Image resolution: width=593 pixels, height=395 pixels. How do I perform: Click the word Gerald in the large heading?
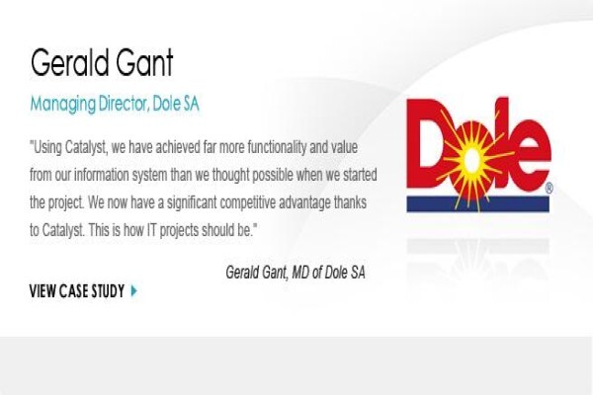click(x=69, y=62)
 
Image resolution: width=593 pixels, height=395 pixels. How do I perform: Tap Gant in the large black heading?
click(x=144, y=62)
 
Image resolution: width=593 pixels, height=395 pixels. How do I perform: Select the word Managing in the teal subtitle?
click(x=63, y=105)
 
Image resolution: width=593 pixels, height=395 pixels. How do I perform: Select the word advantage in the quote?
click(x=304, y=203)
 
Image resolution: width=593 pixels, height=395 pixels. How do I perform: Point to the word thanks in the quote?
click(x=350, y=202)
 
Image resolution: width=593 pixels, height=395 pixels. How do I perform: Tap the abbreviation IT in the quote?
click(x=151, y=230)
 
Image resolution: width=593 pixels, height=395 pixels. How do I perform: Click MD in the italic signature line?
click(x=300, y=273)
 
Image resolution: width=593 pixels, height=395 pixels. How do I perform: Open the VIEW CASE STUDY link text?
click(x=77, y=291)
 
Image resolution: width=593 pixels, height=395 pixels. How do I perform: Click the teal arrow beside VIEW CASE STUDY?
click(x=133, y=291)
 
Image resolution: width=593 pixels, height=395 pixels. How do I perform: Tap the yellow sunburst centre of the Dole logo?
click(x=470, y=161)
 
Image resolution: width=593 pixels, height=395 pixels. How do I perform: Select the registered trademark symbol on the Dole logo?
click(x=550, y=189)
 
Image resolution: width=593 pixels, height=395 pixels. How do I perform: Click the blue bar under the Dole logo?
click(x=477, y=203)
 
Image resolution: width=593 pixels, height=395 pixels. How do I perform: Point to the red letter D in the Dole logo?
click(x=427, y=143)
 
